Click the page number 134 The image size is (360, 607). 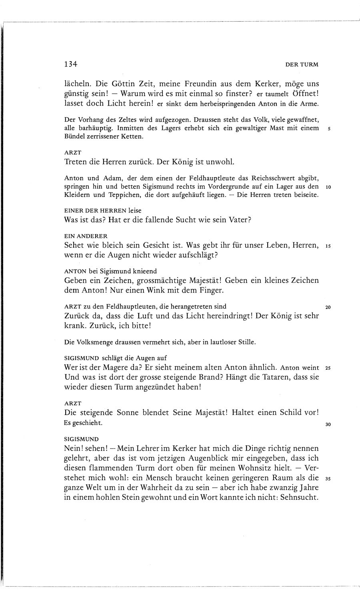[x=70, y=64]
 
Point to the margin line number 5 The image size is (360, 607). [x=328, y=129]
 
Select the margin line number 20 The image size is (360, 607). [x=328, y=307]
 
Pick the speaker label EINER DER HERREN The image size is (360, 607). [x=95, y=210]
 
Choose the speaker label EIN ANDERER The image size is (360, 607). [x=86, y=236]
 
